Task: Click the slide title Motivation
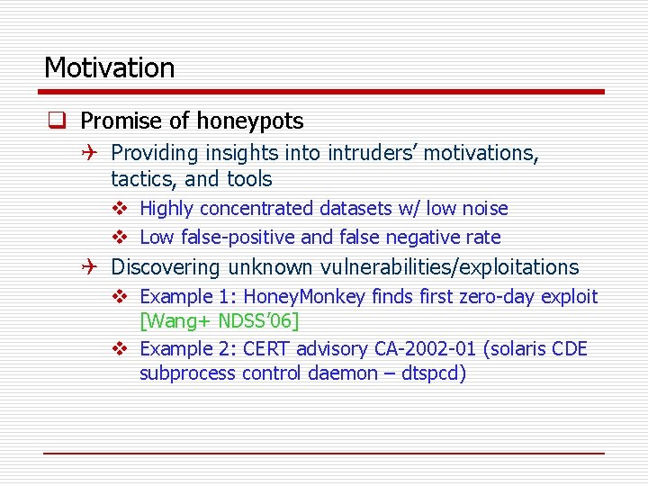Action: coord(109,67)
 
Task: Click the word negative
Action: coord(425,238)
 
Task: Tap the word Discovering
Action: coord(166,267)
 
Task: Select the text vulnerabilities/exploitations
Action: coord(403,267)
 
